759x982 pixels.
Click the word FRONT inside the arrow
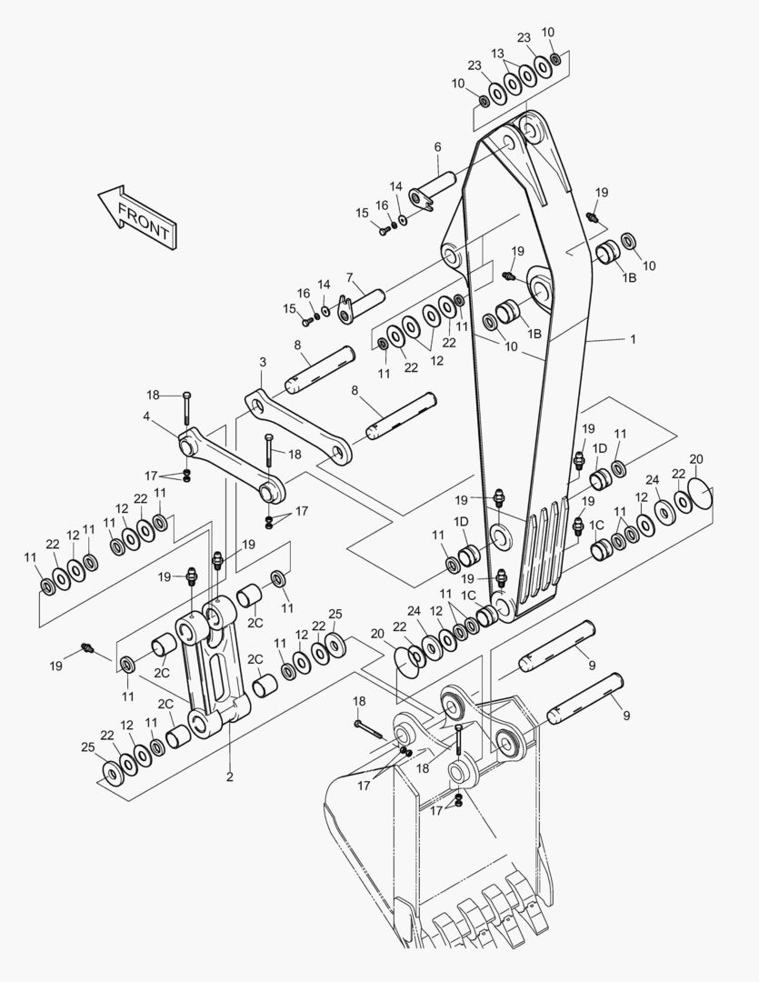coord(144,222)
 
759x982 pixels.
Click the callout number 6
coord(437,146)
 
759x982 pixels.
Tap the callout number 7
coord(349,276)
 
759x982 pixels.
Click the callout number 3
coord(262,362)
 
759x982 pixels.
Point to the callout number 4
coord(145,416)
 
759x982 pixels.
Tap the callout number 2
coord(229,777)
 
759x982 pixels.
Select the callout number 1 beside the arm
coord(633,339)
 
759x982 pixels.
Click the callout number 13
coord(497,54)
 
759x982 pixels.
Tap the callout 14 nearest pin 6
coord(396,186)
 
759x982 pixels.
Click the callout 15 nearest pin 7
coord(289,309)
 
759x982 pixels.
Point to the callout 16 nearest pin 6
coord(382,205)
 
